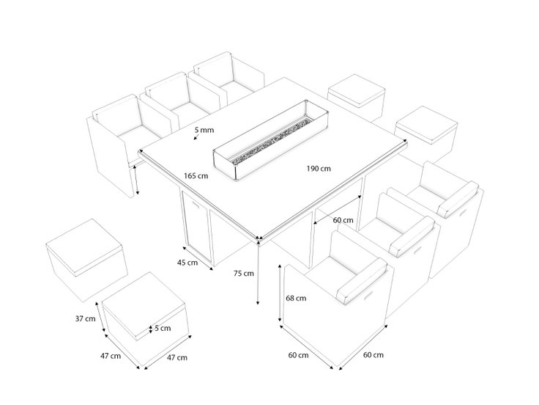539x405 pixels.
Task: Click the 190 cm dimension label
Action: (x=319, y=169)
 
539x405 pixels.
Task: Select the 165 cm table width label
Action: (x=196, y=176)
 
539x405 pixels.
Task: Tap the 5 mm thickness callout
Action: (x=204, y=130)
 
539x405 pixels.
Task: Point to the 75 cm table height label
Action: (x=244, y=274)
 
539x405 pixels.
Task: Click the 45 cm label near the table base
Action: (x=187, y=263)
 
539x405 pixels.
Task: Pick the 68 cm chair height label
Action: (x=296, y=298)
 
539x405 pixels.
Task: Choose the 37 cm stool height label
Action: (x=85, y=319)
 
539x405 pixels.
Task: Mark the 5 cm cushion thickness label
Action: (x=163, y=328)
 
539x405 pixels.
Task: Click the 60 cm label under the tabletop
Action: (x=343, y=220)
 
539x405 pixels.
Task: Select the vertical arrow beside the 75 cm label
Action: (x=258, y=272)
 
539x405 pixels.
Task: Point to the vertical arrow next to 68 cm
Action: (x=280, y=293)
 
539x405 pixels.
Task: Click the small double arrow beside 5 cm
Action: (x=150, y=329)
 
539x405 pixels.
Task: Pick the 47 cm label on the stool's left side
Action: (x=111, y=356)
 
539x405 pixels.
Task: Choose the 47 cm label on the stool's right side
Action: (x=177, y=358)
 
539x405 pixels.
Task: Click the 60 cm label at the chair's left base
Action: (x=298, y=355)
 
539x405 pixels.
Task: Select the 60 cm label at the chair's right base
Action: (x=373, y=354)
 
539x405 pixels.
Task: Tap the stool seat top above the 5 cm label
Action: (x=144, y=303)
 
